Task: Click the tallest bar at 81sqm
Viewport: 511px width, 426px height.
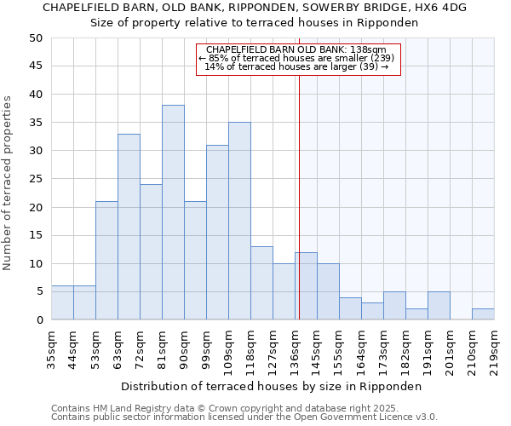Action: click(x=173, y=212)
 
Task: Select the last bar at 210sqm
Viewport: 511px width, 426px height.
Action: click(x=483, y=314)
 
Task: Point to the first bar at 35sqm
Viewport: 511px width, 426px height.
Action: click(x=62, y=302)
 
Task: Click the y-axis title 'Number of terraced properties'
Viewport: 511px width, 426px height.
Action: click(x=8, y=183)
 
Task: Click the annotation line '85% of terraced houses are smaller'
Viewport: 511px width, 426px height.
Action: click(x=297, y=58)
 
